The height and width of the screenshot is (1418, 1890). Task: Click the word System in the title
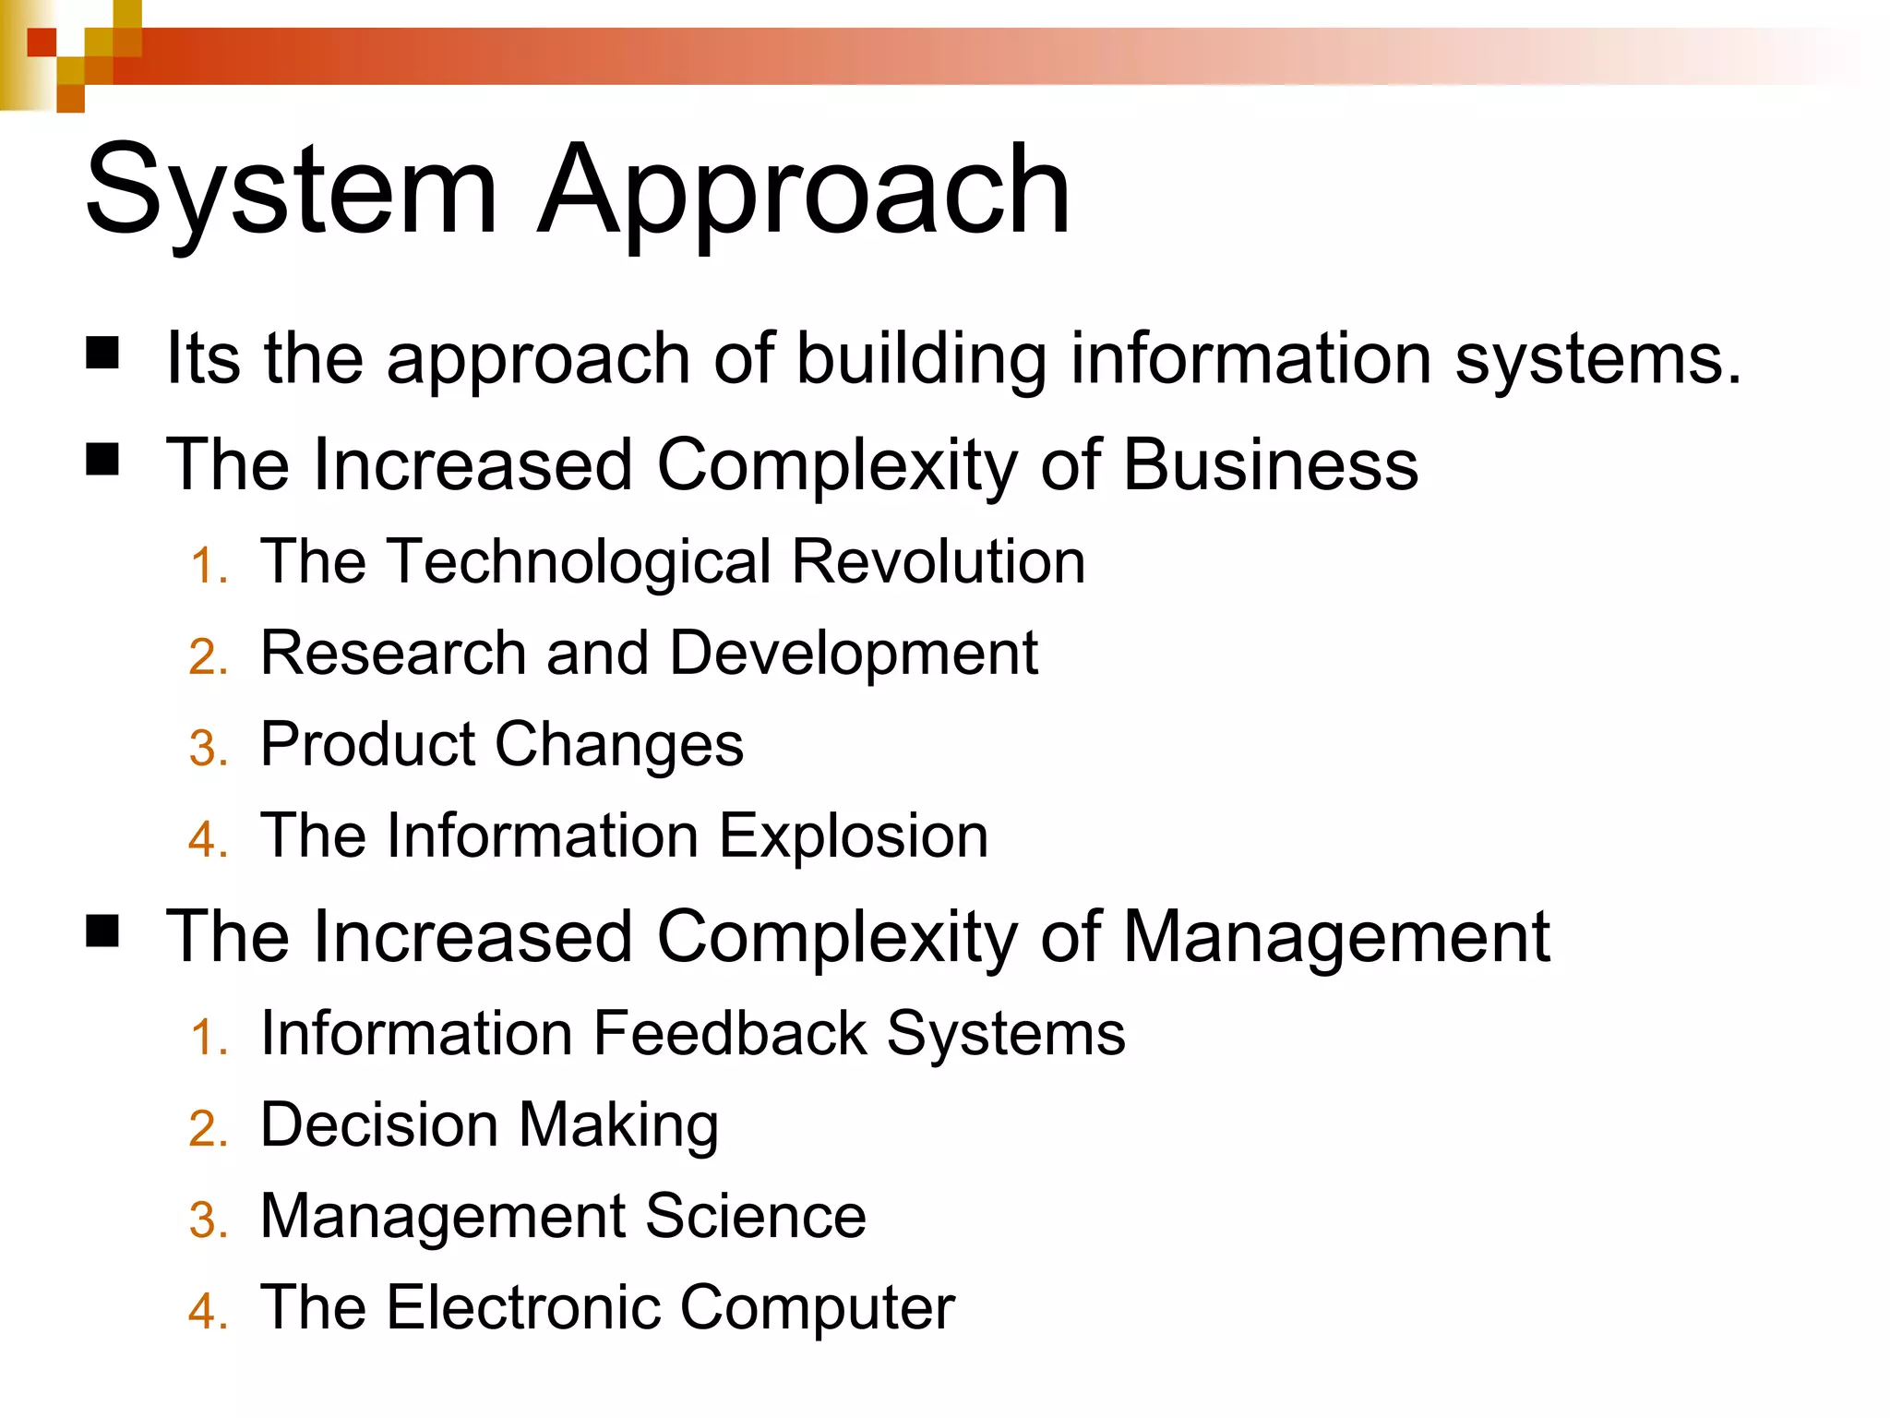(292, 192)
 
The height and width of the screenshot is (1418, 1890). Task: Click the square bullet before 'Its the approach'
(102, 354)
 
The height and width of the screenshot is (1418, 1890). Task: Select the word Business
(1271, 464)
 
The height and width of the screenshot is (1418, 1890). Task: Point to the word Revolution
(939, 562)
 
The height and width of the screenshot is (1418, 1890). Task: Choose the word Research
(393, 653)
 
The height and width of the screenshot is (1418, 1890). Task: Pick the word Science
(756, 1216)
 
